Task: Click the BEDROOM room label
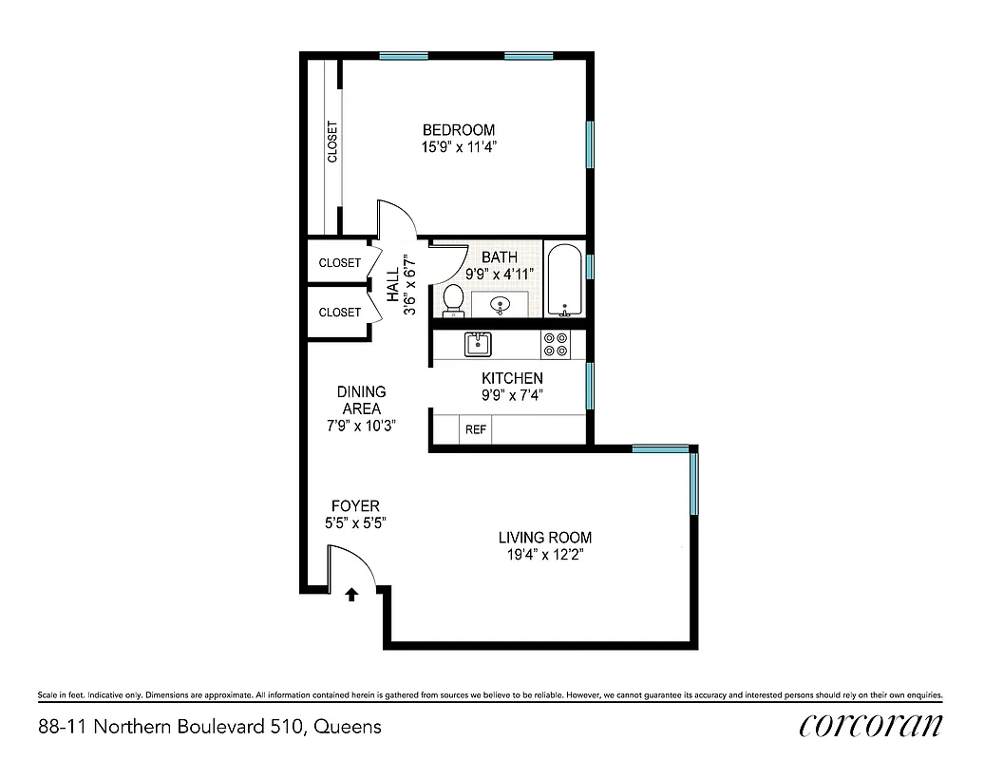[459, 130]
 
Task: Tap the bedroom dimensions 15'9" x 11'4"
[459, 147]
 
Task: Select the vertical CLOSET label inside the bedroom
[332, 142]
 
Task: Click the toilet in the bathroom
[453, 300]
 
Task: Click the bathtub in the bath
[564, 281]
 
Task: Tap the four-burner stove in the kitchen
[556, 344]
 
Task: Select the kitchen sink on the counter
[478, 344]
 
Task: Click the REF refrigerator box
[476, 430]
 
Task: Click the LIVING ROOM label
[544, 538]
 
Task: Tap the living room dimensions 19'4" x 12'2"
[544, 556]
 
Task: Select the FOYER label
[355, 506]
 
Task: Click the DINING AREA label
[361, 400]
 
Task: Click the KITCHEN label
[512, 378]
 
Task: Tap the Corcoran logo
[871, 725]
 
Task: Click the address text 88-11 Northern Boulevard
[210, 728]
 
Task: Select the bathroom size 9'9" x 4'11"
[499, 274]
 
